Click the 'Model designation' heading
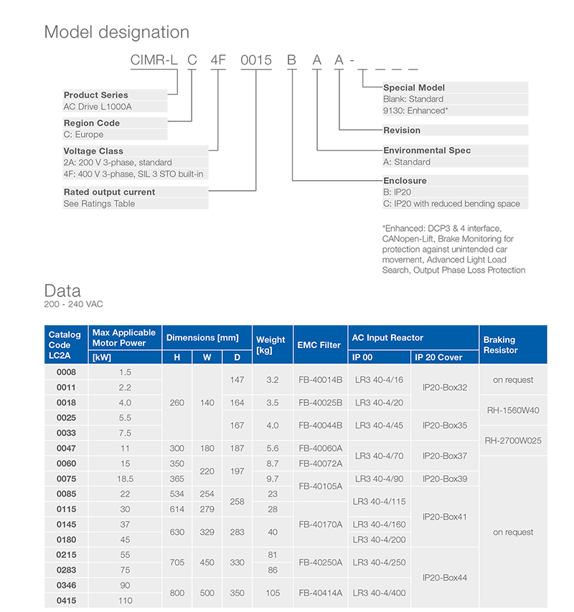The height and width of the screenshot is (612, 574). [117, 32]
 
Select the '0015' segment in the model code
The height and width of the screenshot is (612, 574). [255, 61]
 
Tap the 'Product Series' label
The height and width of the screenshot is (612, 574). [95, 95]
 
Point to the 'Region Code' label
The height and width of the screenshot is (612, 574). [92, 123]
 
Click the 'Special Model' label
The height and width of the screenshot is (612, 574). [414, 88]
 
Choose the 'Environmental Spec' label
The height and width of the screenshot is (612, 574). [427, 151]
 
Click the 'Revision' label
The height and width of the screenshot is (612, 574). [402, 130]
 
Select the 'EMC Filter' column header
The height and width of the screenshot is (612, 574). [319, 345]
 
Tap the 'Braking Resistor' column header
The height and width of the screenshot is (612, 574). [499, 345]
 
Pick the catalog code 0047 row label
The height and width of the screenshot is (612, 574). [66, 448]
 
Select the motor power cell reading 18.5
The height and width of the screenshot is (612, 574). [126, 479]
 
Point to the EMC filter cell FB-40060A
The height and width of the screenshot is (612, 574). [319, 448]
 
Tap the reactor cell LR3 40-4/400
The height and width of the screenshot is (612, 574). [380, 593]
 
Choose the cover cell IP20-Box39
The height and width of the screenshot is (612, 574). [445, 479]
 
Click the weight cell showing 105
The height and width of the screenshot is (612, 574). [273, 593]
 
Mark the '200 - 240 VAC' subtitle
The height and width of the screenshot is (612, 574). [74, 304]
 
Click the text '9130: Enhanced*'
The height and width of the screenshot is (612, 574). [415, 110]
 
